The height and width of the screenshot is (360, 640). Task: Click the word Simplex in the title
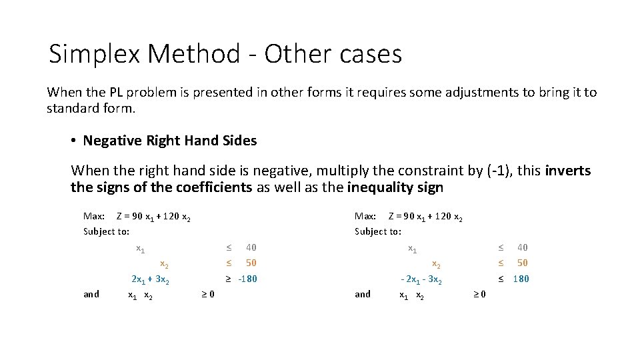point(95,54)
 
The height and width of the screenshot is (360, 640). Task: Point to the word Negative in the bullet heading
point(113,141)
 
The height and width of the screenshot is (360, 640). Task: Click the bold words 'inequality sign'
point(395,187)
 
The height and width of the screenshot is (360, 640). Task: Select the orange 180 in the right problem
point(521,279)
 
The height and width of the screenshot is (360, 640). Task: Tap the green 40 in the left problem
point(251,247)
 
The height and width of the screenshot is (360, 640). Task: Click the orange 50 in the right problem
point(523,263)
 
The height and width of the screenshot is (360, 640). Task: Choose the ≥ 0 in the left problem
point(207,294)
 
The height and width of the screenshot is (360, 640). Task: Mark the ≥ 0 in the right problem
point(479,294)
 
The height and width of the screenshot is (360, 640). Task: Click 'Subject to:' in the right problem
point(378,231)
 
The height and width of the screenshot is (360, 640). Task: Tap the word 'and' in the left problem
point(91,294)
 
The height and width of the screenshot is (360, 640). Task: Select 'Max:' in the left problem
point(93,216)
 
